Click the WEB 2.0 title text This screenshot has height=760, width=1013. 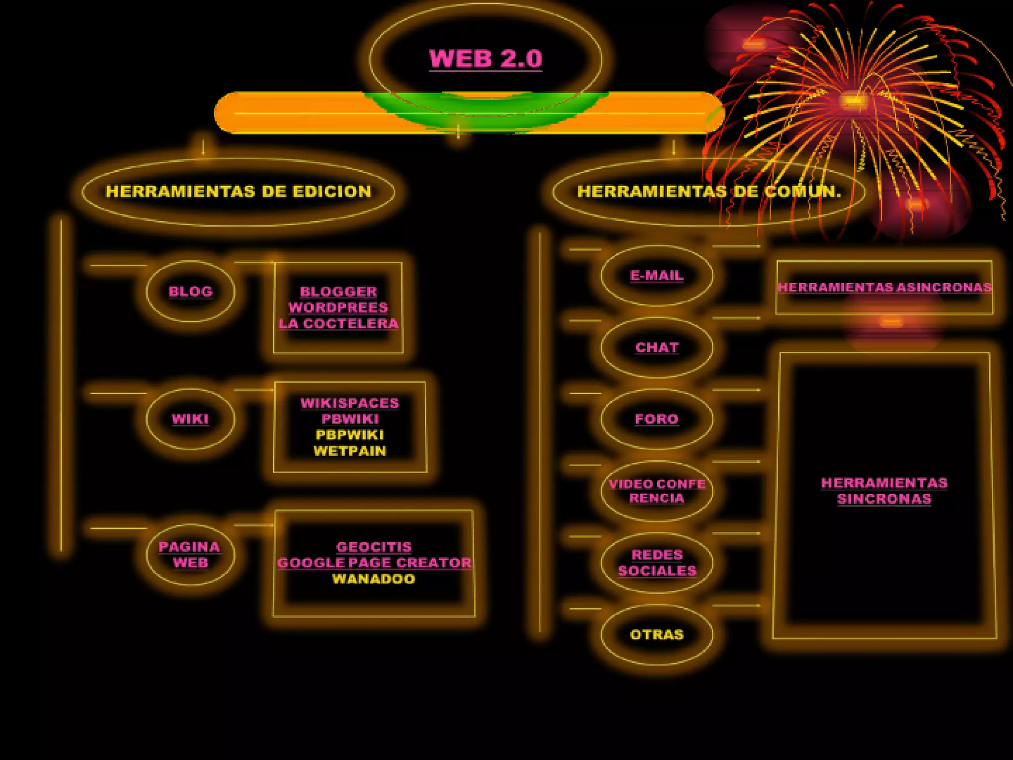[486, 59]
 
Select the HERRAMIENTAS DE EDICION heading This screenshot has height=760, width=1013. [238, 191]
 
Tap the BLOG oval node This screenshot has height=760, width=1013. [190, 291]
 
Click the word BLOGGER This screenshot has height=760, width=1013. [338, 291]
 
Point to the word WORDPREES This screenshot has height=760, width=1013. [338, 307]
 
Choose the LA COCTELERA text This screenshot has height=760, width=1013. [338, 324]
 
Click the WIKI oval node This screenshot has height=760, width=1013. [190, 419]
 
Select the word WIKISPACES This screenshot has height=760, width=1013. [350, 403]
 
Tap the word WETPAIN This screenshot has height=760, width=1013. [350, 451]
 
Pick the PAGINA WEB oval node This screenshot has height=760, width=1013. [190, 554]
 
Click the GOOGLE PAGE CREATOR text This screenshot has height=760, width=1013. [374, 563]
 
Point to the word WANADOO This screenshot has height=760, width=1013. [374, 578]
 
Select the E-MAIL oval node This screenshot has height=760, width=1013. [657, 276]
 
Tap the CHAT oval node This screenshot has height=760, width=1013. [657, 347]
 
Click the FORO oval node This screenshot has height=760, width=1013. [657, 419]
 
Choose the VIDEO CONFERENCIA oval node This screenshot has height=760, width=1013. [657, 491]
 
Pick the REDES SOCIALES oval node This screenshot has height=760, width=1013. [657, 563]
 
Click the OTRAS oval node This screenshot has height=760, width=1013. [657, 634]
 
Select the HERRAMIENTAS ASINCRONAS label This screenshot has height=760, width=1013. [884, 287]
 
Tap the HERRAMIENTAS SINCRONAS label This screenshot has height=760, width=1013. [884, 491]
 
